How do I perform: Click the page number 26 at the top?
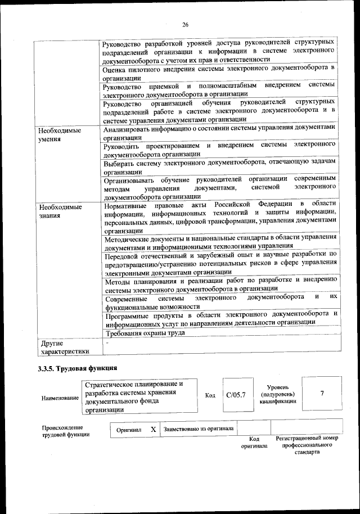tap(185, 24)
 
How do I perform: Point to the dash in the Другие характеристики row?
tap(106, 342)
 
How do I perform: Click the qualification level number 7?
tap(322, 393)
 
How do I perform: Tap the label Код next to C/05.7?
tap(210, 395)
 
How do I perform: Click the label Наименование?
tap(60, 398)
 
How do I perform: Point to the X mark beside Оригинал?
tap(153, 429)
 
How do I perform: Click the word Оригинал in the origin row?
tap(129, 430)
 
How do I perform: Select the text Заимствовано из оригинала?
tap(198, 429)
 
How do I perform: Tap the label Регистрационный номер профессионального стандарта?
tap(307, 445)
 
